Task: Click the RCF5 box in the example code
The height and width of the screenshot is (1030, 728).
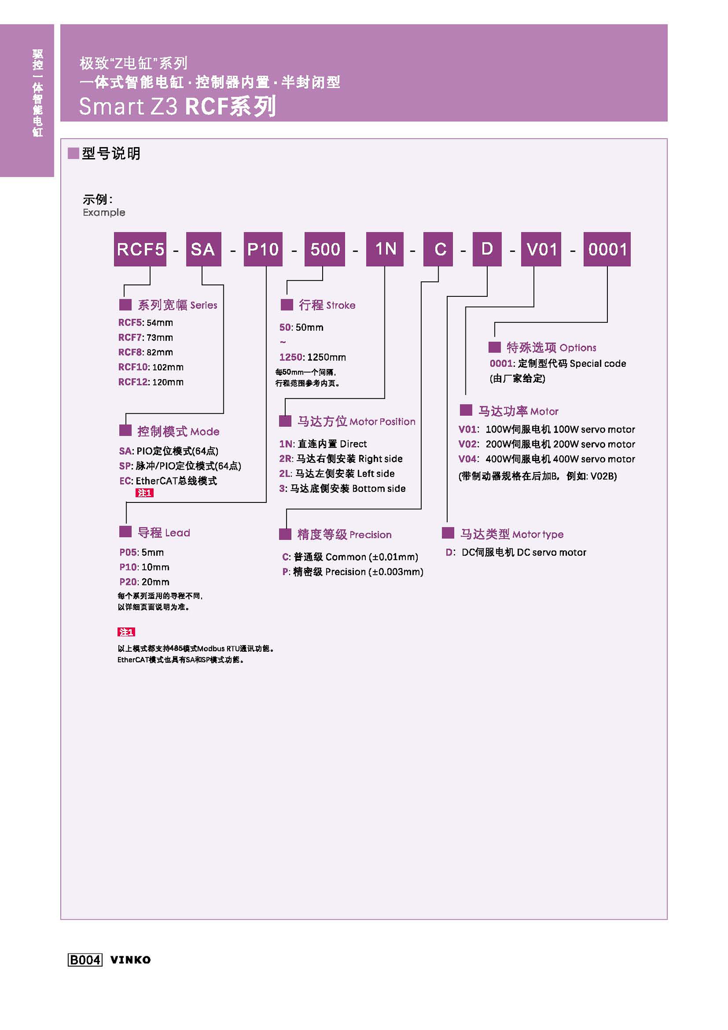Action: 140,249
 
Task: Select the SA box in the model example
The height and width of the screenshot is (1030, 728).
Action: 203,249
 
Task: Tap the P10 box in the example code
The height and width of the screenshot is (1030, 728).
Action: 263,249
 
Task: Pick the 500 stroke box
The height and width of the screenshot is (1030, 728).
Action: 324,249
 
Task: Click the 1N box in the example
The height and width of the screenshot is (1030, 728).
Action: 384,249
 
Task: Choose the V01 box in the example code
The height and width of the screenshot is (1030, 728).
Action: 541,249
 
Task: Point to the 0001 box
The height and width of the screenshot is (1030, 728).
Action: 607,249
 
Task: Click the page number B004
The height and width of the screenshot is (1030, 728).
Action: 85,959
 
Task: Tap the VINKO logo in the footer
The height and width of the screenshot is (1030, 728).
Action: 130,959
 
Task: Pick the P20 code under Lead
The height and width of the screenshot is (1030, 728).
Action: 128,582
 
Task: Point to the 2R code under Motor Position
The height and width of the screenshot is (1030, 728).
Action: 285,458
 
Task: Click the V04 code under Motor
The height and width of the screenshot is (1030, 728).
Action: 467,459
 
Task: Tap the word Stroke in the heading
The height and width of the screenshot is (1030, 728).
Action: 341,305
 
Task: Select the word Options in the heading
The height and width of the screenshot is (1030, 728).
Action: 577,348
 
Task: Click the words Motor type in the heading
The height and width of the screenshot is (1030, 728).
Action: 537,534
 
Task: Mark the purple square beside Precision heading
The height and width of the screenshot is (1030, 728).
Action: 285,534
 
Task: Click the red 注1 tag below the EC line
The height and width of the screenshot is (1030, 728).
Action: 144,493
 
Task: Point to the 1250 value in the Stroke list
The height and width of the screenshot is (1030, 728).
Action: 289,357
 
